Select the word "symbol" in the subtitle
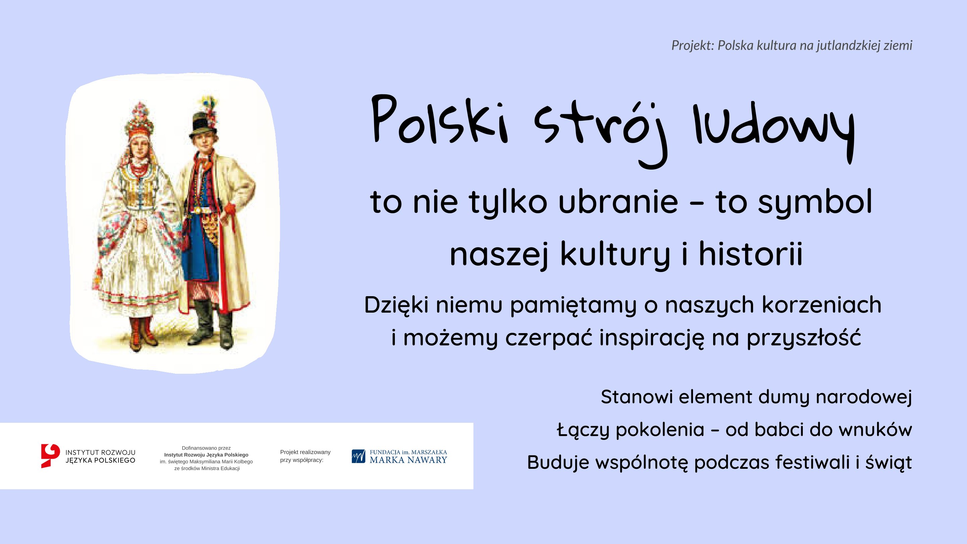tap(813, 203)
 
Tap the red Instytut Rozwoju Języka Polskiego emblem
tap(50, 456)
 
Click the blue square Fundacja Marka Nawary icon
tap(359, 456)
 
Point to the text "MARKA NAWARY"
tap(408, 460)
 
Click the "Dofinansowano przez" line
tap(206, 448)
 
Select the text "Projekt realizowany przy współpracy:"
tap(305, 456)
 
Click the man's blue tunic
tap(200, 250)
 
